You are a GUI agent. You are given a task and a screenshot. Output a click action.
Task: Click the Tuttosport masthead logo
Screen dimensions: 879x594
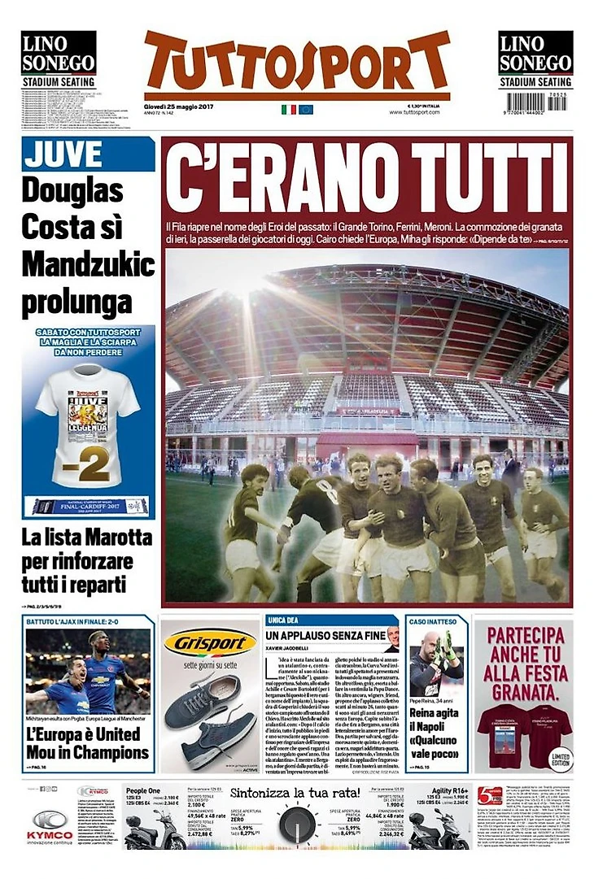[x=297, y=65]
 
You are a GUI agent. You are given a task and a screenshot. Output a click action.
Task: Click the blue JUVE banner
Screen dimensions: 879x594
[x=88, y=154]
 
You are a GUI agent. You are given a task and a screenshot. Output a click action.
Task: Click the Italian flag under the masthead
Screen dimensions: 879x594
[x=288, y=109]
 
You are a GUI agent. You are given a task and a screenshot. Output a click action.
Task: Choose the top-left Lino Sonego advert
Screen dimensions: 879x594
[x=58, y=59]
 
